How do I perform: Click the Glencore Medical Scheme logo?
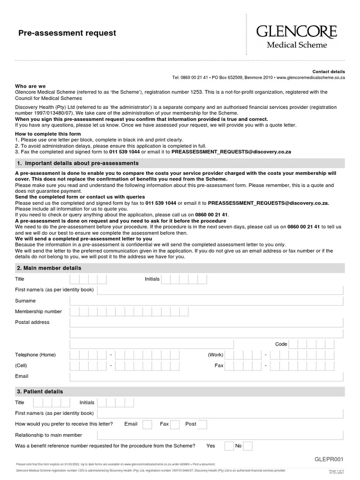[x=296, y=37]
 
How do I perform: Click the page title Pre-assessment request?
[x=67, y=33]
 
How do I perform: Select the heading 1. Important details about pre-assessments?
[x=78, y=163]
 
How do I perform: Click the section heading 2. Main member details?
[x=49, y=268]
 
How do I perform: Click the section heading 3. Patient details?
[x=40, y=391]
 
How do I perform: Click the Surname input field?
[x=206, y=301]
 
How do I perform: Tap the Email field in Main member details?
[x=206, y=376]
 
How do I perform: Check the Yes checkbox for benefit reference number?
[x=229, y=446]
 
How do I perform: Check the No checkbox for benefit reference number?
[x=248, y=446]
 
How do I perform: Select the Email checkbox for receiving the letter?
[x=147, y=424]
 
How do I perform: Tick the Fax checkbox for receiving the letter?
[x=175, y=424]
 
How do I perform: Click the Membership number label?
[x=38, y=312]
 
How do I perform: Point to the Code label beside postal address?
[x=281, y=344]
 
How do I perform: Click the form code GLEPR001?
[x=329, y=459]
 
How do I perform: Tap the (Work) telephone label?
[x=216, y=355]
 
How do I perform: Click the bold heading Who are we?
[x=30, y=86]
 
